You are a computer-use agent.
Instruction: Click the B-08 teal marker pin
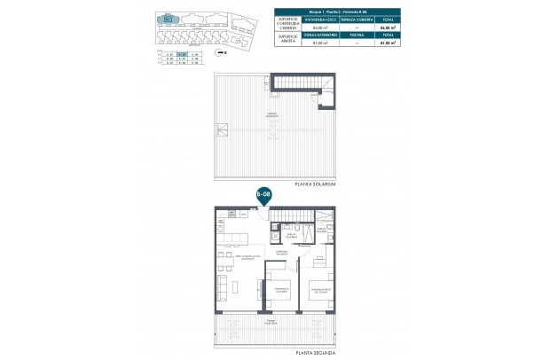coord(263,193)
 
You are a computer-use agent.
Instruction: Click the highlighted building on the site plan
coord(167,19)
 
